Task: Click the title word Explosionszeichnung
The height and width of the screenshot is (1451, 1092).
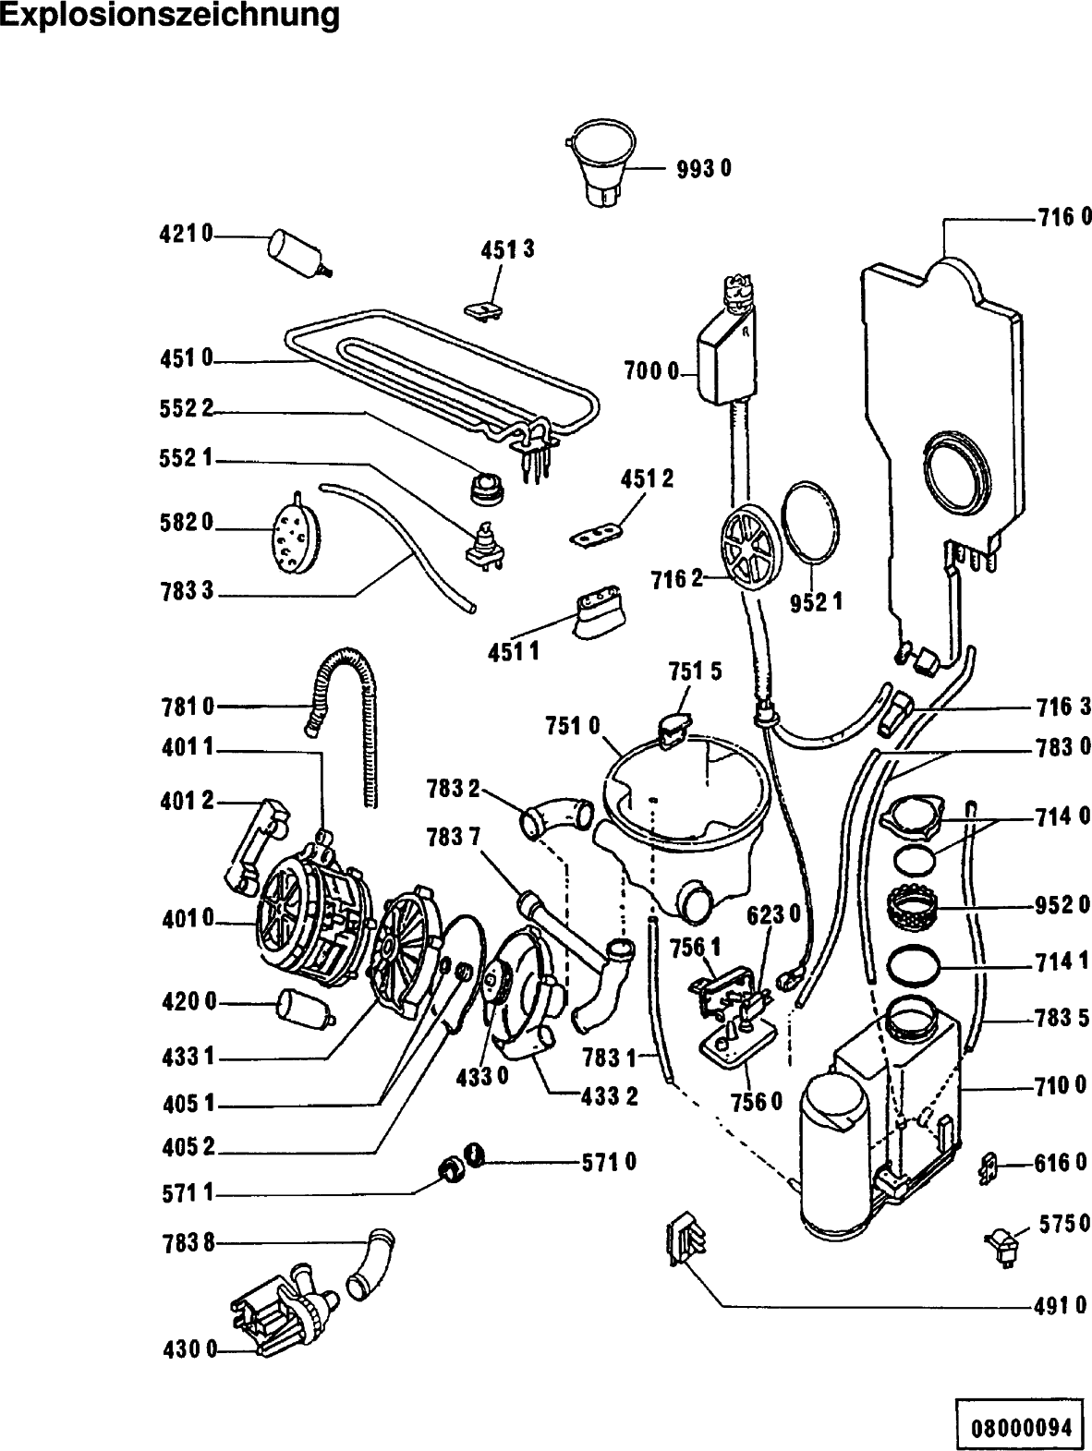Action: click(x=169, y=16)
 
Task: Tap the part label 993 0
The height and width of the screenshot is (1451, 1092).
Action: click(x=703, y=169)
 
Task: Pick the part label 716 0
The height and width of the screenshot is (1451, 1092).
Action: click(x=1062, y=219)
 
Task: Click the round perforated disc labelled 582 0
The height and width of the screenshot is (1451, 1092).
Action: click(x=295, y=532)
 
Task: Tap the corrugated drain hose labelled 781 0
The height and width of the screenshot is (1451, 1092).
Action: click(x=346, y=702)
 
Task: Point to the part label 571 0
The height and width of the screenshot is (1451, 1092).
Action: click(x=609, y=1162)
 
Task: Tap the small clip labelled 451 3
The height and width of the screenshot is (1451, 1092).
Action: click(x=482, y=308)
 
